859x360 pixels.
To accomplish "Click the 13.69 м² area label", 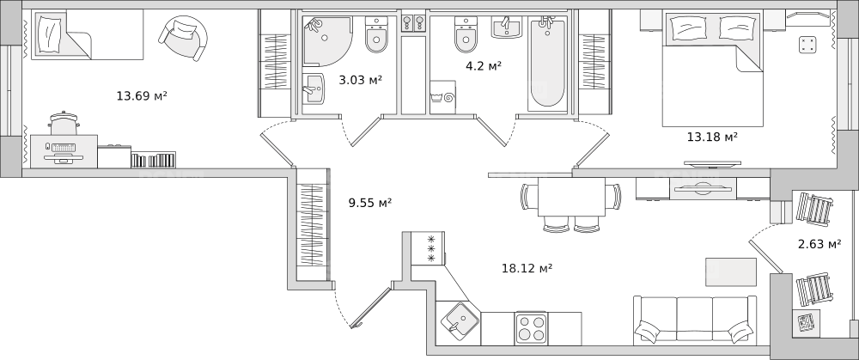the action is [x=142, y=96].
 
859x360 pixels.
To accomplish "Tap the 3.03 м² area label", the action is [x=360, y=80].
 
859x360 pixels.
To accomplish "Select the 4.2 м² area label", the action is [x=484, y=66].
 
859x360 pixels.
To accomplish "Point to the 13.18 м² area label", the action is [x=712, y=137].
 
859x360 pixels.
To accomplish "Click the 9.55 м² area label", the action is [x=369, y=203].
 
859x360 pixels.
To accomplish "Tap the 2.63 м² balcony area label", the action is [x=819, y=244].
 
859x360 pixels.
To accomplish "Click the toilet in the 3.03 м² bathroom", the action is [x=376, y=34].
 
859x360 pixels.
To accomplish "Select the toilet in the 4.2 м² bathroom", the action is [x=466, y=34].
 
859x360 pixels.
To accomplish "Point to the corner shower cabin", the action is [x=327, y=41].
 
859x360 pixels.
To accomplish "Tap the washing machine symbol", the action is [x=442, y=98].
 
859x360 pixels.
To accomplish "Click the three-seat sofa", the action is [x=695, y=321].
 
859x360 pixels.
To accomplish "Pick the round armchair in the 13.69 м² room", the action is [x=184, y=38].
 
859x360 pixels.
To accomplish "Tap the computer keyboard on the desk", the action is [x=64, y=148].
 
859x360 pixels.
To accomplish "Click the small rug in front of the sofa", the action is [x=731, y=272].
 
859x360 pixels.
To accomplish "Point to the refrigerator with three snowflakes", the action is [x=427, y=248].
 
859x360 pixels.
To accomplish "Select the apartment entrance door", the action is [x=372, y=307].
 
